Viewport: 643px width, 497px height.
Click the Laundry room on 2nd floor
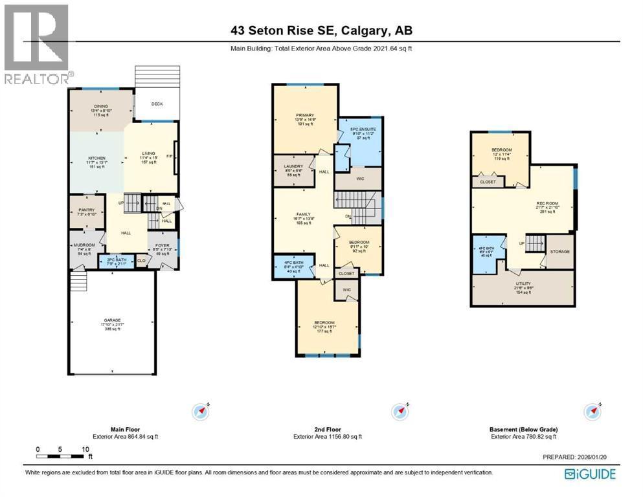(293, 171)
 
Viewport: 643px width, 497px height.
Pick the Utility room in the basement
(523, 288)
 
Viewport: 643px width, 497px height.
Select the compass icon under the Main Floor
(201, 410)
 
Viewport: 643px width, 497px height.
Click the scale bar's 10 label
(85, 448)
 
